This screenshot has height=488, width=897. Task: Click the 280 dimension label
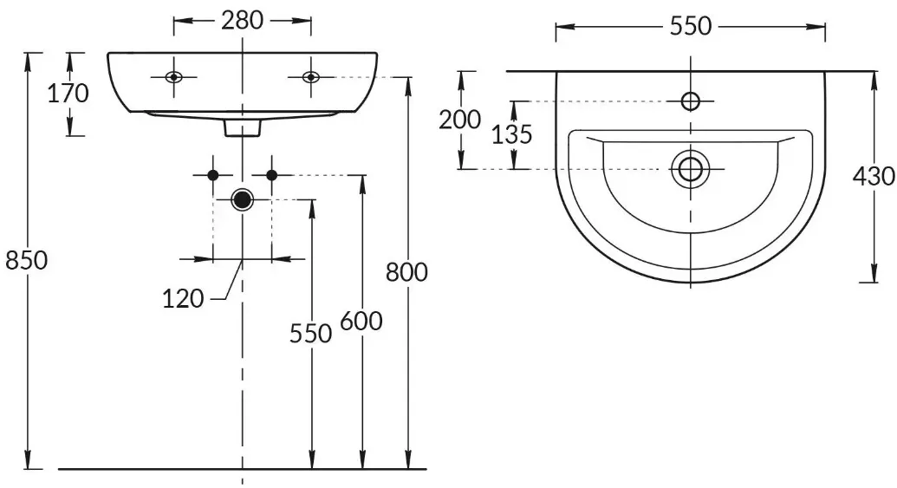pyautogui.click(x=242, y=21)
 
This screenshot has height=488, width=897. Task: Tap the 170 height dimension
pyautogui.click(x=68, y=94)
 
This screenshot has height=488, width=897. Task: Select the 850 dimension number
pyautogui.click(x=26, y=260)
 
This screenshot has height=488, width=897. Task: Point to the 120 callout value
pyautogui.click(x=183, y=299)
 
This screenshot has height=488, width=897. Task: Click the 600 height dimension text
pyautogui.click(x=361, y=321)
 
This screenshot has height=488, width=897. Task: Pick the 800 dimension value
pyautogui.click(x=406, y=272)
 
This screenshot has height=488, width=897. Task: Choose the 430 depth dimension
pyautogui.click(x=874, y=176)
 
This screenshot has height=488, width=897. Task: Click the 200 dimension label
pyautogui.click(x=460, y=120)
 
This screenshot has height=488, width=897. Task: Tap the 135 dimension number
pyautogui.click(x=512, y=134)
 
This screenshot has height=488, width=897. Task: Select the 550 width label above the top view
pyautogui.click(x=691, y=26)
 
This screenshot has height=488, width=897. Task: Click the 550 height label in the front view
pyautogui.click(x=310, y=334)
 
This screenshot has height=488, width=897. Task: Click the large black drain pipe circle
pyautogui.click(x=243, y=199)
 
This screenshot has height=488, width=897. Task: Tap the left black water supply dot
pyautogui.click(x=213, y=175)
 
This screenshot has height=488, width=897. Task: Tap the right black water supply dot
pyautogui.click(x=272, y=175)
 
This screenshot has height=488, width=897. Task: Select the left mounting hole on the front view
pyautogui.click(x=174, y=76)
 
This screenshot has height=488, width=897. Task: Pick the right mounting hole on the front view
pyautogui.click(x=311, y=76)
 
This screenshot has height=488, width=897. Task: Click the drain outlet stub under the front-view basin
pyautogui.click(x=243, y=128)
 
